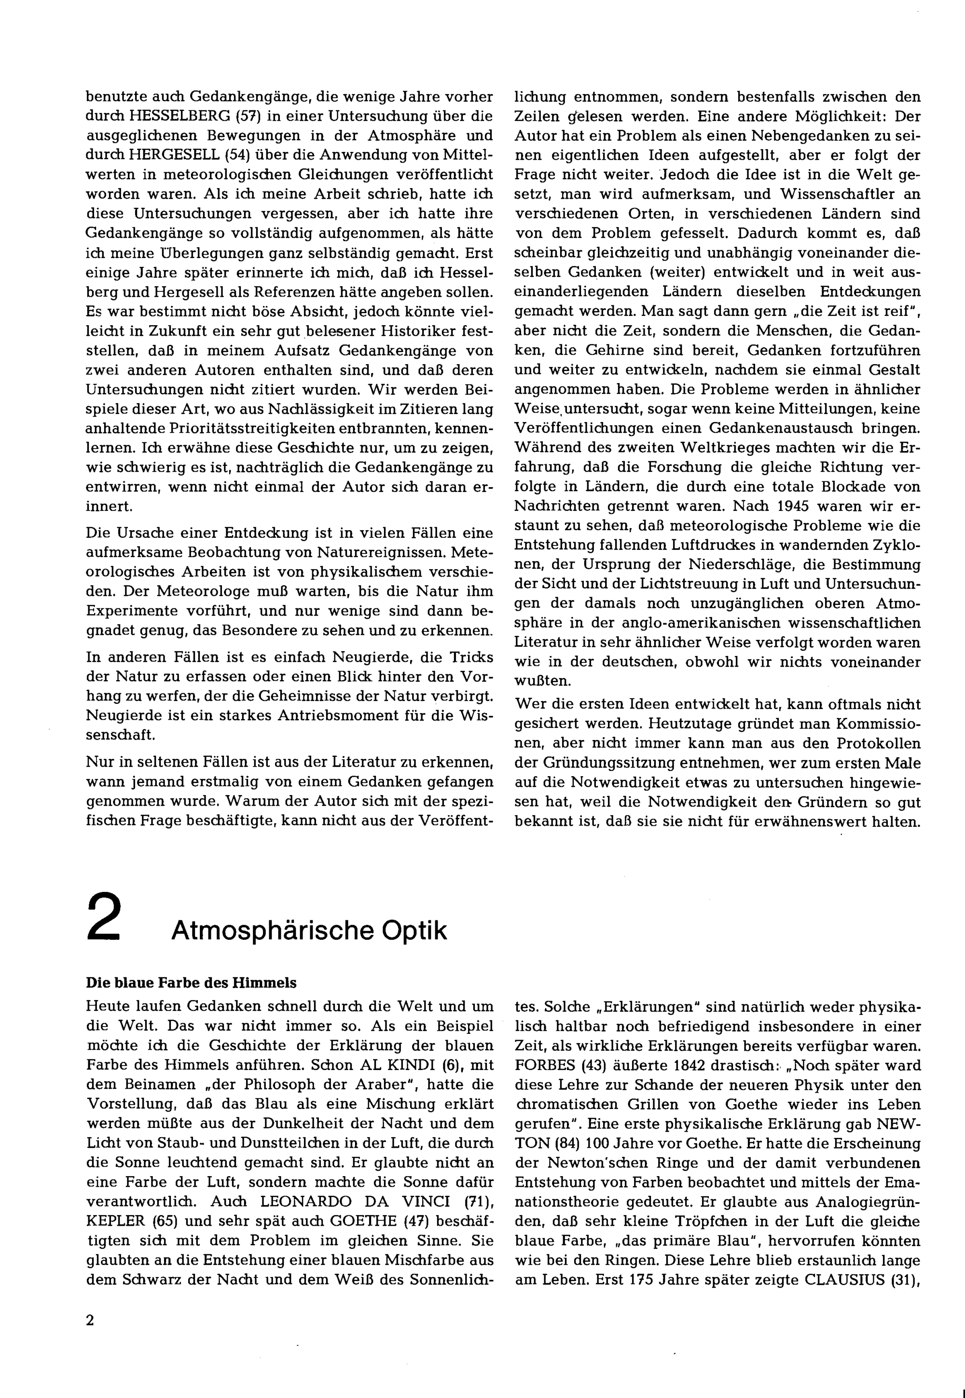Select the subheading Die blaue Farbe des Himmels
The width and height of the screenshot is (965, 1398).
click(191, 983)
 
